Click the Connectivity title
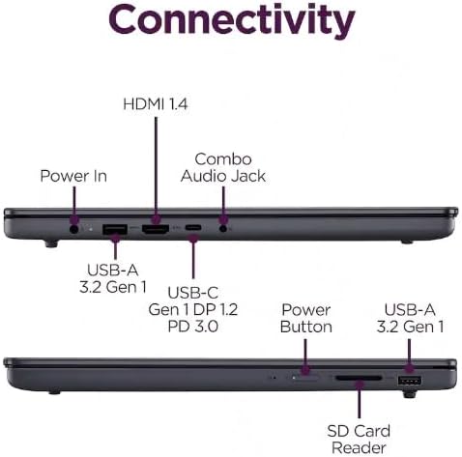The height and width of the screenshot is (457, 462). pyautogui.click(x=232, y=20)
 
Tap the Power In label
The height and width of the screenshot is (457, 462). pyautogui.click(x=73, y=176)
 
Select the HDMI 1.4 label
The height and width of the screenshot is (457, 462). pyautogui.click(x=156, y=104)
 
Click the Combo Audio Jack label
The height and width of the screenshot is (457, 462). pyautogui.click(x=223, y=168)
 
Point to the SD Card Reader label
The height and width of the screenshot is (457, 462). pyautogui.click(x=359, y=440)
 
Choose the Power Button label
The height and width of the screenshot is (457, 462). pyautogui.click(x=306, y=318)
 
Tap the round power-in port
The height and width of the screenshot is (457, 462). pyautogui.click(x=74, y=229)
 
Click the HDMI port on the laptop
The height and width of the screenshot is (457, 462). pyautogui.click(x=156, y=229)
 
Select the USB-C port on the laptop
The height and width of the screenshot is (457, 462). pyautogui.click(x=193, y=228)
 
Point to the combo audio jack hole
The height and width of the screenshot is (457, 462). pyautogui.click(x=223, y=229)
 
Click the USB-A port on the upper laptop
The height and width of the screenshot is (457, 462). pyautogui.click(x=115, y=229)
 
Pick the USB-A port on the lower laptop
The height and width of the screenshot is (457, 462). pyautogui.click(x=410, y=381)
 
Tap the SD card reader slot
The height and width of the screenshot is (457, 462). pyautogui.click(x=359, y=378)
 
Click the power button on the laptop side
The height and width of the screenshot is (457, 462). pyautogui.click(x=305, y=377)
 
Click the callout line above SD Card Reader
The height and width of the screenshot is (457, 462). pyautogui.click(x=359, y=399)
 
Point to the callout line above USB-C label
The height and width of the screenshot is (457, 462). pyautogui.click(x=193, y=257)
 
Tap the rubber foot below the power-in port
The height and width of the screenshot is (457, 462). pyautogui.click(x=51, y=243)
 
